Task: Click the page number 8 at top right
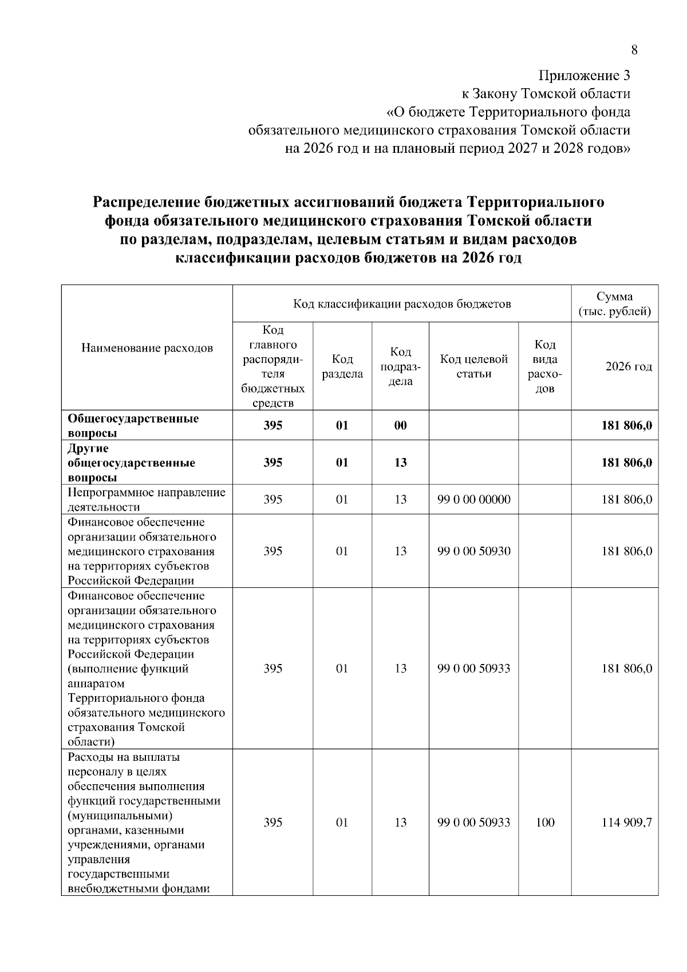pyautogui.click(x=634, y=50)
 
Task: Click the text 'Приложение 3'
pyautogui.click(x=585, y=76)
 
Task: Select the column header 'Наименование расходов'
pyautogui.click(x=147, y=348)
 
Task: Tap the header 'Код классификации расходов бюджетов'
pyautogui.click(x=402, y=304)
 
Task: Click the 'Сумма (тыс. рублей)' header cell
pyautogui.click(x=614, y=304)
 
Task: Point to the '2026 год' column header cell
pyautogui.click(x=629, y=367)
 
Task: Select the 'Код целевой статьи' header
pyautogui.click(x=473, y=366)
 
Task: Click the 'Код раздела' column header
pyautogui.click(x=342, y=366)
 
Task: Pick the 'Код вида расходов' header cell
pyautogui.click(x=544, y=366)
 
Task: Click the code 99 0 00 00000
pyautogui.click(x=473, y=500)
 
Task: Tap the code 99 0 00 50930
pyautogui.click(x=473, y=551)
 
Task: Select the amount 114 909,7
pyautogui.click(x=626, y=823)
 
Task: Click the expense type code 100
pyautogui.click(x=545, y=823)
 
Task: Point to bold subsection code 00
pyautogui.click(x=400, y=426)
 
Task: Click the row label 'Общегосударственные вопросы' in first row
pyautogui.click(x=133, y=426)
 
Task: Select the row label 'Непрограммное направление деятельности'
pyautogui.click(x=146, y=500)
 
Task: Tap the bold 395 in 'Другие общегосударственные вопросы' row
pyautogui.click(x=273, y=463)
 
